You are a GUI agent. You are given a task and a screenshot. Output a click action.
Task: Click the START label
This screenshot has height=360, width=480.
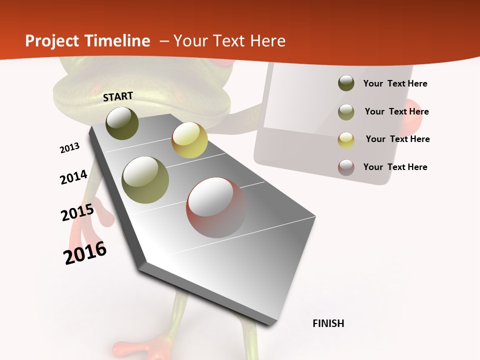(118, 96)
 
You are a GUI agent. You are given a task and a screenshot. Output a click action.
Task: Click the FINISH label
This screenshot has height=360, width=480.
(328, 323)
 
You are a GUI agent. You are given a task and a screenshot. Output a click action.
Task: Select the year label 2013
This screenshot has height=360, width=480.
(70, 148)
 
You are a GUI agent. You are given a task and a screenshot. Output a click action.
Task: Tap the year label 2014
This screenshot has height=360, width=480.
(73, 177)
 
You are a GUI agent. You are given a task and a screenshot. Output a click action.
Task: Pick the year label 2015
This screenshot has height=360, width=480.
(77, 212)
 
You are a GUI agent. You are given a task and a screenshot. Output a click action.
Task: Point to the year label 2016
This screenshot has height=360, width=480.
(85, 253)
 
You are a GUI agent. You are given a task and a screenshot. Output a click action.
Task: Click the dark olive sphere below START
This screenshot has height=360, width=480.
(122, 123)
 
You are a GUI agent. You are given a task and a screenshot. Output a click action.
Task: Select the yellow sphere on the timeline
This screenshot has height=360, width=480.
(189, 140)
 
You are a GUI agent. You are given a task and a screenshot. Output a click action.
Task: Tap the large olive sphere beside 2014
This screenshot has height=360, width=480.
(145, 179)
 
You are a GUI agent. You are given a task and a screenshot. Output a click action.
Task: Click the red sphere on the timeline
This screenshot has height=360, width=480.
(216, 207)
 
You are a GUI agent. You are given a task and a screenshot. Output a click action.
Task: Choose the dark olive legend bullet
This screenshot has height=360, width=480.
(346, 83)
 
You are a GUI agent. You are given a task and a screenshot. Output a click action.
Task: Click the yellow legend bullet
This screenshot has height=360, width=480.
(346, 139)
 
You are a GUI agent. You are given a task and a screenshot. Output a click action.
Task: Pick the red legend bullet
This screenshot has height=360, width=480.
(346, 167)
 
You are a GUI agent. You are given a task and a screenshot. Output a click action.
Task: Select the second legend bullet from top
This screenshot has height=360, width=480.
(346, 112)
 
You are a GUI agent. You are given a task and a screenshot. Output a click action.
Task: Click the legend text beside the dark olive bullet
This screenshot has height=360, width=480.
(395, 83)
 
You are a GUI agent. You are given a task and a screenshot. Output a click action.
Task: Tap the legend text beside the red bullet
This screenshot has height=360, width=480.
(395, 167)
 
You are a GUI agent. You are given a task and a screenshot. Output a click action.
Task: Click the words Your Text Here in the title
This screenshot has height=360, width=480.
(229, 41)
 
